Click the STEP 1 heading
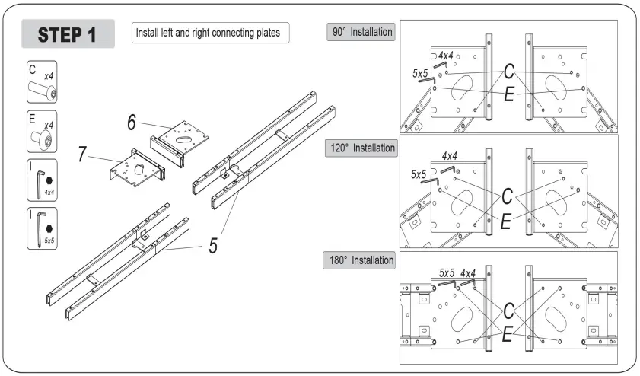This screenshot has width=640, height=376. pyautogui.click(x=68, y=34)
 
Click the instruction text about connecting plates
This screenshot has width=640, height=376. pyautogui.click(x=208, y=33)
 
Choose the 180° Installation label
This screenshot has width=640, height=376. pyautogui.click(x=360, y=260)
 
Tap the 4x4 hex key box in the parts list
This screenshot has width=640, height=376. pyautogui.click(x=43, y=180)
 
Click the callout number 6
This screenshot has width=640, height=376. pyautogui.click(x=132, y=119)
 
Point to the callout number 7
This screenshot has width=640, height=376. pyautogui.click(x=81, y=153)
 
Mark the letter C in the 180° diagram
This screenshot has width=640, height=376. pyautogui.click(x=508, y=311)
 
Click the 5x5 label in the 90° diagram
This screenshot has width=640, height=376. pyautogui.click(x=419, y=73)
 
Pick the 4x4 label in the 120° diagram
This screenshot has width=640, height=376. pyautogui.click(x=449, y=156)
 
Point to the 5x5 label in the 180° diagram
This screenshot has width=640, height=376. pyautogui.click(x=447, y=272)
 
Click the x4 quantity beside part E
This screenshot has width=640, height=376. pyautogui.click(x=49, y=125)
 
